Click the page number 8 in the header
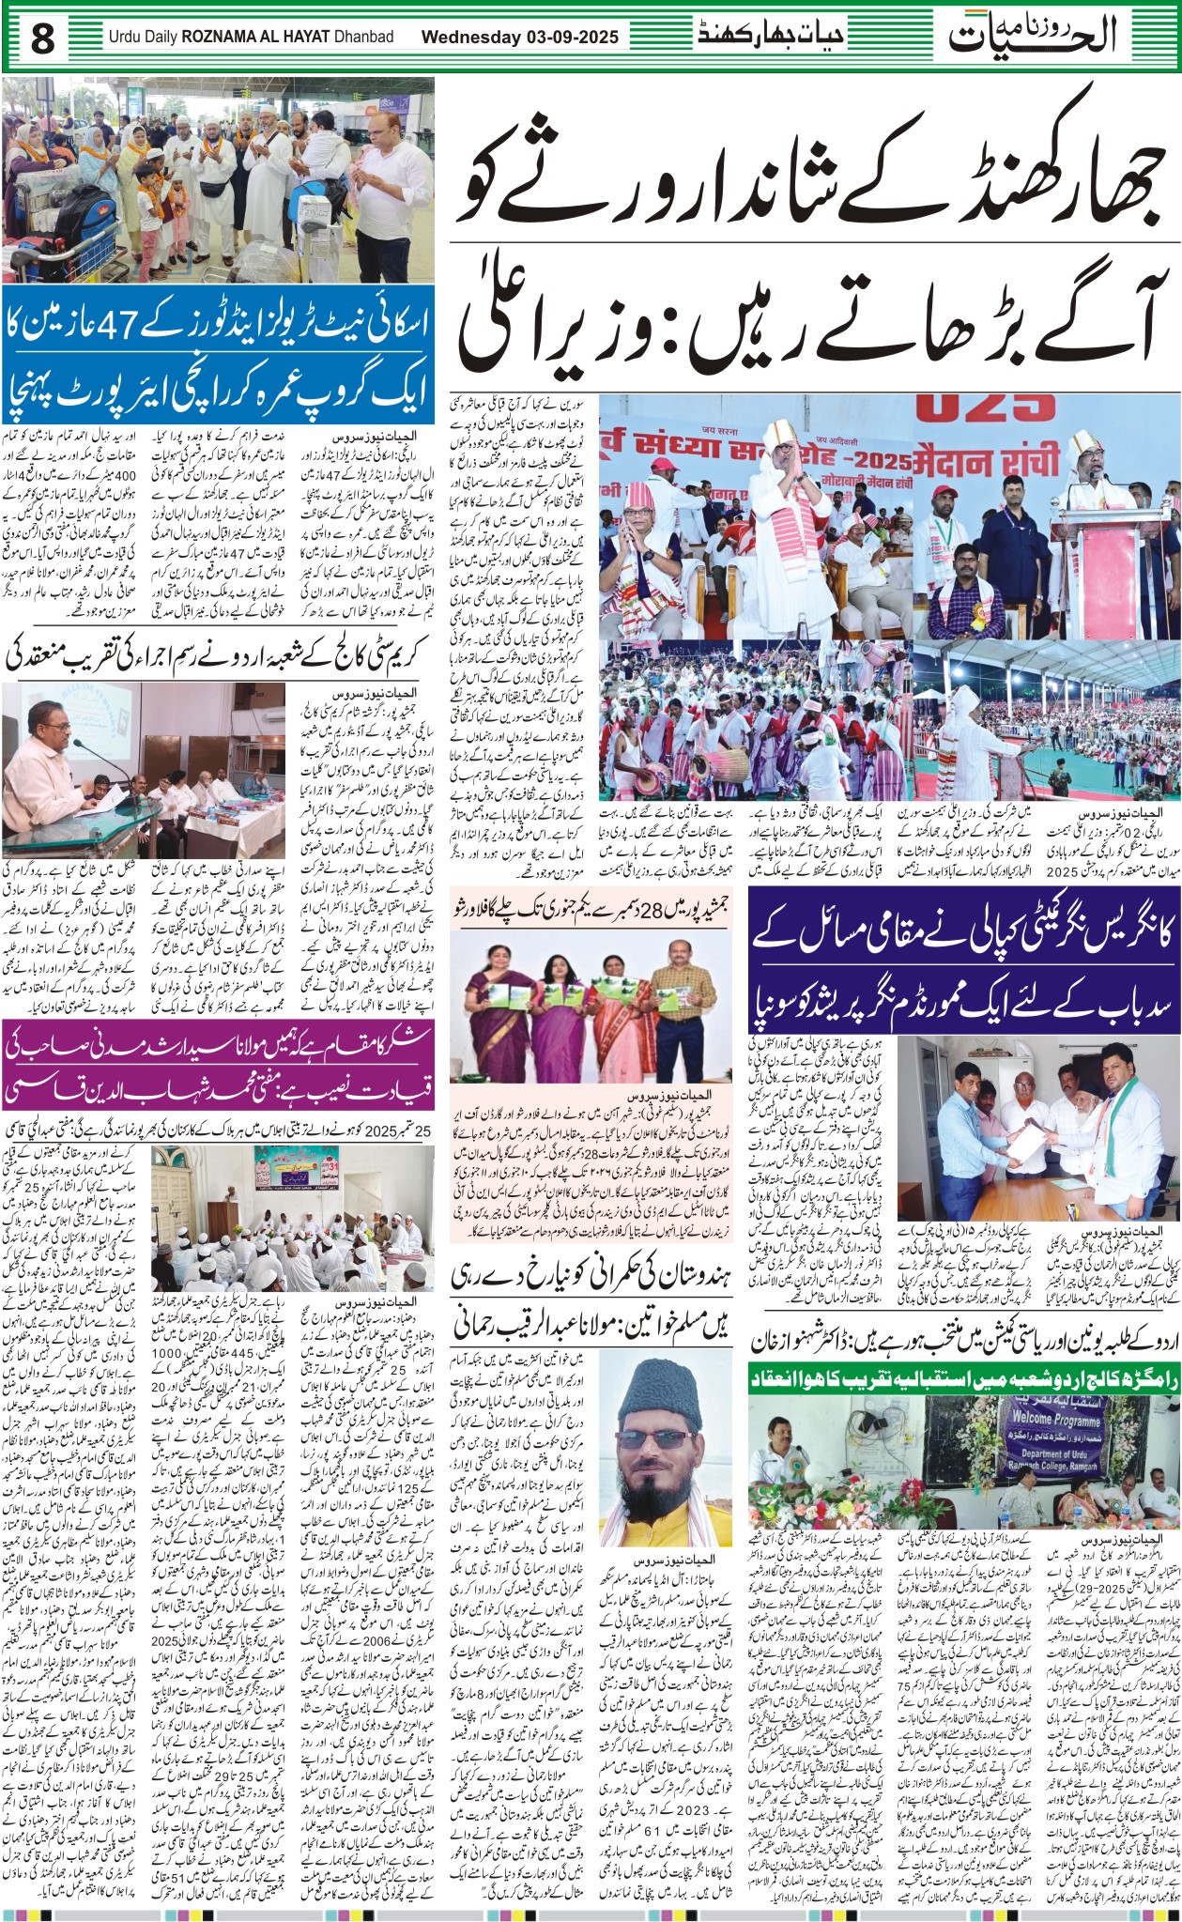[43, 38]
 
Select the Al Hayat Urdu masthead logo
[1033, 35]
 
